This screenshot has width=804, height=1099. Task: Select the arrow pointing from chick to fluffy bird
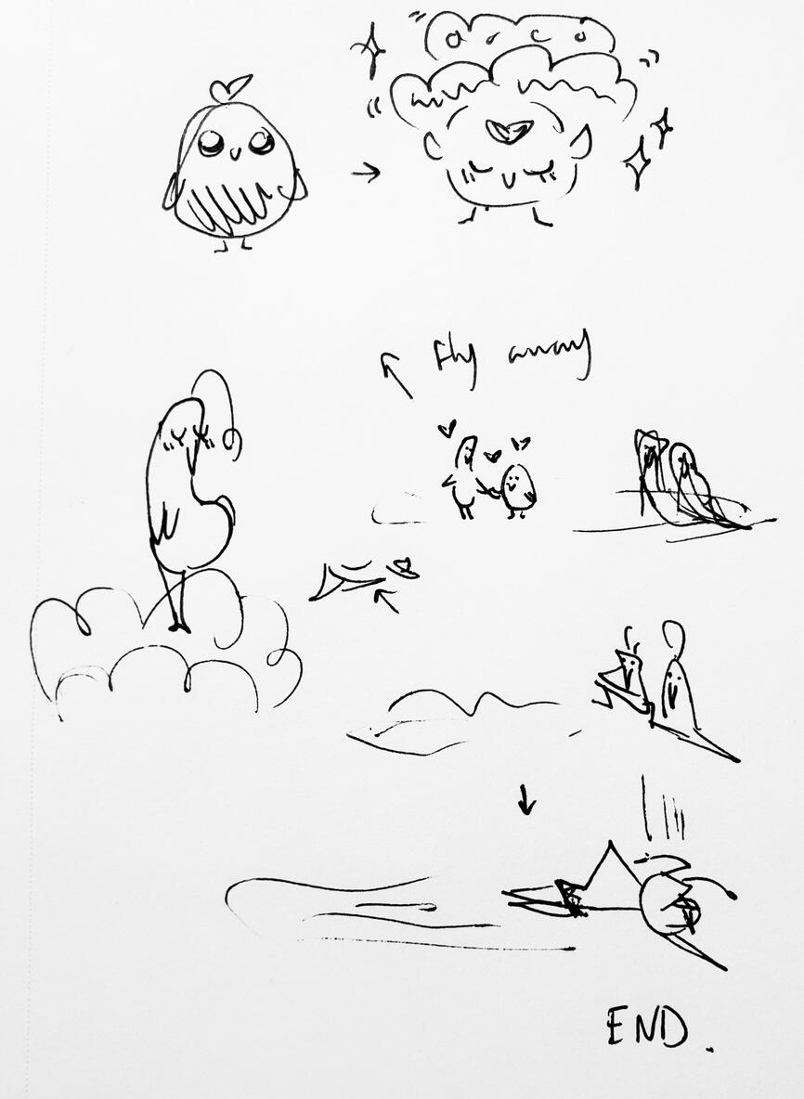coord(366,172)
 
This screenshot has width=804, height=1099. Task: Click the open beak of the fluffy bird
coord(509,131)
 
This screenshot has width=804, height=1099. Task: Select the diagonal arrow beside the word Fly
coord(396,373)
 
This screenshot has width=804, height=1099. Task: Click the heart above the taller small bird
coord(448,428)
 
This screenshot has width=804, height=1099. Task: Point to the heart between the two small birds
coord(492,456)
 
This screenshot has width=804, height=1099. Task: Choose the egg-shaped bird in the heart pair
coord(518,489)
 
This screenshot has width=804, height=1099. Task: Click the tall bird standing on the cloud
coord(189,492)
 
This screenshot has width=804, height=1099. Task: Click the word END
coord(647,1026)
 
